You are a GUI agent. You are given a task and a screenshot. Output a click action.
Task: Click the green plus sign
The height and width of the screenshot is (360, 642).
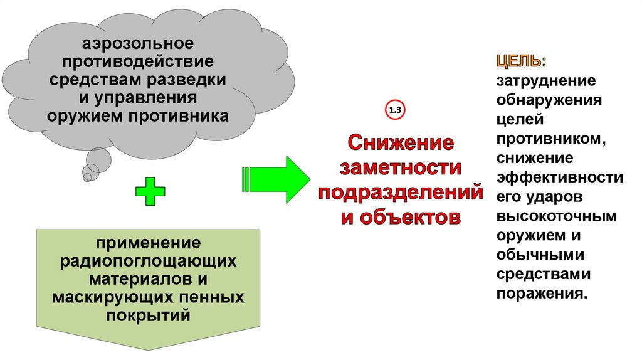pyautogui.click(x=150, y=191)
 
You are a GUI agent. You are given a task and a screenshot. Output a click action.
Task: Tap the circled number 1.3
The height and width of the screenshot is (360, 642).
pyautogui.click(x=396, y=111)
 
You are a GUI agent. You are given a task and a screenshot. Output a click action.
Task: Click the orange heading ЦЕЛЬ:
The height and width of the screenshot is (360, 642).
pyautogui.click(x=521, y=61)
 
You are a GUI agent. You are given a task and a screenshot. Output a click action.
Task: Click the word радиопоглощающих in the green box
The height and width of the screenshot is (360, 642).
pyautogui.click(x=149, y=259)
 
